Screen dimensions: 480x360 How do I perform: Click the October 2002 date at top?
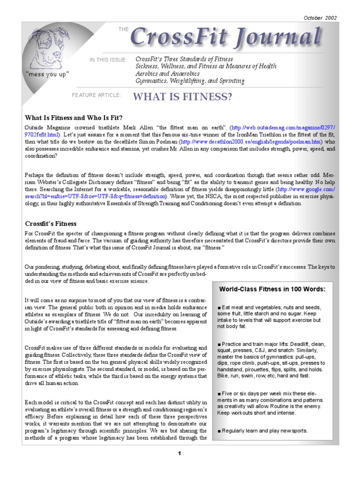click(x=320, y=18)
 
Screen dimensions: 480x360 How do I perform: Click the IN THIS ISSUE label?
click(x=108, y=60)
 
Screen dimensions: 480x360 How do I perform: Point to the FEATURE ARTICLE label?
click(x=96, y=95)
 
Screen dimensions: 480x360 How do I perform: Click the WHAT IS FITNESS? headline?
click(x=183, y=97)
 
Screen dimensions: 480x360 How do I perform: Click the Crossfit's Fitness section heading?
click(x=51, y=224)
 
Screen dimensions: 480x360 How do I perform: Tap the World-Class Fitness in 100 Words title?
click(x=272, y=289)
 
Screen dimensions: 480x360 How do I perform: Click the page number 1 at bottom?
click(x=180, y=453)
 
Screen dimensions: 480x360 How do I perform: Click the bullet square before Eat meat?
click(x=219, y=307)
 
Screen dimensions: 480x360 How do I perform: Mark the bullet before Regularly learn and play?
click(x=219, y=431)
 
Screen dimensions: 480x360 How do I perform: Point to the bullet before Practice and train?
click(x=219, y=345)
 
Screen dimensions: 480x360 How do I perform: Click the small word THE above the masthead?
click(x=123, y=30)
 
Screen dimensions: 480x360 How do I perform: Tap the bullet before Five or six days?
click(x=219, y=393)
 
